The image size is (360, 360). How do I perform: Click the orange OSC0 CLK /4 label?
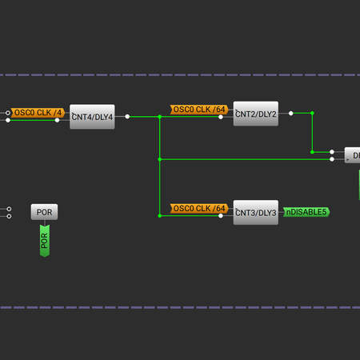pos(38,113)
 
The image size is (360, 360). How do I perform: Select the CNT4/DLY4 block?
pos(92,117)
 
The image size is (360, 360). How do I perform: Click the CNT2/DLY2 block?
pos(255,114)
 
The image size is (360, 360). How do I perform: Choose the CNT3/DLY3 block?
pos(255,212)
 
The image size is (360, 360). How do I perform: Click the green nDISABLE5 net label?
pos(306,212)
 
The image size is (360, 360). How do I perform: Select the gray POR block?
pos(45,212)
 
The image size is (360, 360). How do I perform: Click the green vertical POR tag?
pos(45,239)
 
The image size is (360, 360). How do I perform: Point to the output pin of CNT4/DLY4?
pos(126,117)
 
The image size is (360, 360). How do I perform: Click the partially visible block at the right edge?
pos(352,155)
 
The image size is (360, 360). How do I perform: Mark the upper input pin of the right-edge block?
pos(332,151)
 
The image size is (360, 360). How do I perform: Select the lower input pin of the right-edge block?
pos(332,159)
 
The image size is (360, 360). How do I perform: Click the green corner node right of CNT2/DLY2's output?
pos(312,114)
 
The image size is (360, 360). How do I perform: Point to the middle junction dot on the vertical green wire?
pos(160,159)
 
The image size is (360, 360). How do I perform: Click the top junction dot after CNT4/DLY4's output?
pos(160,117)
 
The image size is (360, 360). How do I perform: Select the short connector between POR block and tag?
pos(45,223)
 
